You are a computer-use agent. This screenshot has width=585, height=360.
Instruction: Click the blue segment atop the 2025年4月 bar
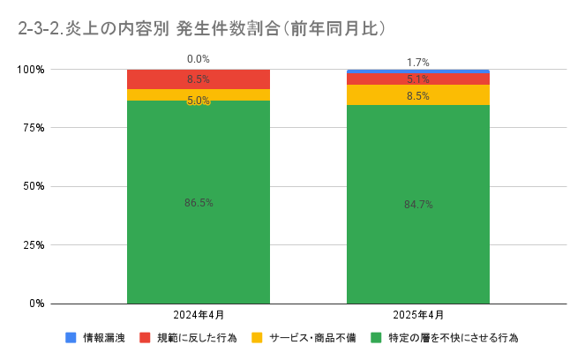pyautogui.click(x=418, y=71)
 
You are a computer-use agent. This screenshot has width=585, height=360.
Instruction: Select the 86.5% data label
pyautogui.click(x=199, y=203)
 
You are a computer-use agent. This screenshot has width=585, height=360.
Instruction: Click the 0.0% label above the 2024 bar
pyautogui.click(x=199, y=59)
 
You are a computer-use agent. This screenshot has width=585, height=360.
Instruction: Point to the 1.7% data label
pyautogui.click(x=418, y=63)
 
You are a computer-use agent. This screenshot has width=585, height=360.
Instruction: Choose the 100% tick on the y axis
pyautogui.click(x=32, y=70)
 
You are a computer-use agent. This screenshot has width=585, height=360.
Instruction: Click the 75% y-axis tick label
pyautogui.click(x=34, y=128)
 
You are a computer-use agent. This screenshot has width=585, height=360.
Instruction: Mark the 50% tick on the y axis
pyautogui.click(x=34, y=186)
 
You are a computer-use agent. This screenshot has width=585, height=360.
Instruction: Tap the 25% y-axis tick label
pyautogui.click(x=34, y=245)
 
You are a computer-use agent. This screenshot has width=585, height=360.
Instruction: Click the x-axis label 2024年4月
pyautogui.click(x=199, y=315)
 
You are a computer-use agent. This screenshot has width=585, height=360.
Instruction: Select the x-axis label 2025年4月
pyautogui.click(x=418, y=315)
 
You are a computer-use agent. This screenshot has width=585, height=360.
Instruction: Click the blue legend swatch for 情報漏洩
pyautogui.click(x=71, y=337)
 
